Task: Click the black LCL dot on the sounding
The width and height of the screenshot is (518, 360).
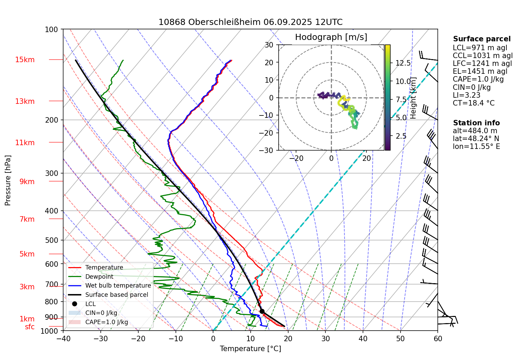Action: coord(262,311)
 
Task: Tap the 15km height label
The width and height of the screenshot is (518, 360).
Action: coord(25,60)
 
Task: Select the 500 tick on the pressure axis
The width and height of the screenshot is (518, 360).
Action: coord(52,240)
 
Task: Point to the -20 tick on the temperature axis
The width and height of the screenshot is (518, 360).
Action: coord(138,338)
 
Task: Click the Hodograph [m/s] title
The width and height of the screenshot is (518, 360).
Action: coord(331,37)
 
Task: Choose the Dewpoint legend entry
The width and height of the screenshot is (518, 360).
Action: coord(99,277)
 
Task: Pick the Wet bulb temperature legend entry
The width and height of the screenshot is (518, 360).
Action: coord(118,286)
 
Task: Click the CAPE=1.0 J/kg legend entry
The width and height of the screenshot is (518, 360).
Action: coord(107,322)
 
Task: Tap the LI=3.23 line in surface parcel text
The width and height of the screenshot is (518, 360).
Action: coord(466,95)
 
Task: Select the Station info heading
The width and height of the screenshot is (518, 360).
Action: coord(476,123)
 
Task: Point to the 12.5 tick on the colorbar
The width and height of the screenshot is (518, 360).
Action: coord(403,63)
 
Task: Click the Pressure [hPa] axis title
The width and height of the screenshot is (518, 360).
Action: coord(8,180)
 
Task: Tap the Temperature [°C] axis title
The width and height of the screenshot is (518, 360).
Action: coord(250,349)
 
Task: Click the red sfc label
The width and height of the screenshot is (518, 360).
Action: coord(30,327)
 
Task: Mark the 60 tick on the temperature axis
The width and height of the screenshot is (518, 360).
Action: coord(438,338)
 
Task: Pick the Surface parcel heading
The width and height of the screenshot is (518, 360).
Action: coord(482,39)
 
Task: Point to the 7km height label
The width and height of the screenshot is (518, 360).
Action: coord(27,219)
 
